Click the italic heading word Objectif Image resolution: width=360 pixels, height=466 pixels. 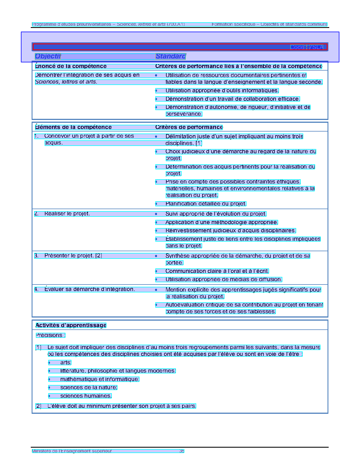48,56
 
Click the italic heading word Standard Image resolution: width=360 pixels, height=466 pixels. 170,56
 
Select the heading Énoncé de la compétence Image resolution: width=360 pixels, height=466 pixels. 71,66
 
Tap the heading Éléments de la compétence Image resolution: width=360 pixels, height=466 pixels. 73,127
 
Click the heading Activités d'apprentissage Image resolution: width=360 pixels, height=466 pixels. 71,325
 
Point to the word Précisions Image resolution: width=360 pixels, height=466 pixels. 49,335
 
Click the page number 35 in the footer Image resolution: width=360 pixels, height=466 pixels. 182,451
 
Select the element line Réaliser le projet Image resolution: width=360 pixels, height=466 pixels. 67,214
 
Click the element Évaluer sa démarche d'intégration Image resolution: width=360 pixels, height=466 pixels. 90,289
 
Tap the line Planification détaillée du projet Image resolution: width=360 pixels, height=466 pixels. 206,204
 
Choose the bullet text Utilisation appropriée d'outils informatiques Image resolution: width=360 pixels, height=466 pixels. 222,91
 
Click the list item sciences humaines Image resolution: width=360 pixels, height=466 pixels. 86,396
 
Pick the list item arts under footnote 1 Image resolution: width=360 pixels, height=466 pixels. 66,363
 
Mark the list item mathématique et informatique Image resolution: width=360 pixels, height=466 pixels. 100,379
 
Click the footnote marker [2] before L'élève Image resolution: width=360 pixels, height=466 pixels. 38,406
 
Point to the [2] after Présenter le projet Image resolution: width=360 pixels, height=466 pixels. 99,256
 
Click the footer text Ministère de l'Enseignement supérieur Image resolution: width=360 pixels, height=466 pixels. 72,451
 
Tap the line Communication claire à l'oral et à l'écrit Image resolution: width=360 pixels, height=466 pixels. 217,271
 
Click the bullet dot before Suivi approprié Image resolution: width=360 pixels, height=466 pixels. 156,214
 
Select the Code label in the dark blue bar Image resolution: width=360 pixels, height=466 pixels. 297,47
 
